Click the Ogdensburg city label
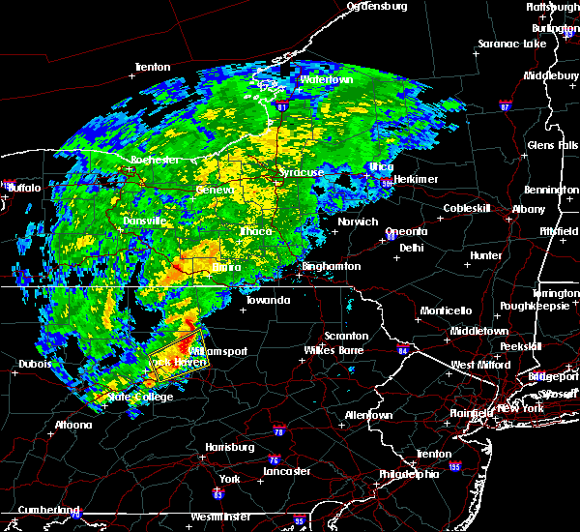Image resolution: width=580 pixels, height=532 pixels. [378, 7]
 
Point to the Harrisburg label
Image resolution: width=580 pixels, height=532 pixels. [229, 447]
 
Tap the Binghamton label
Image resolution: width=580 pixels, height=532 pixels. [331, 266]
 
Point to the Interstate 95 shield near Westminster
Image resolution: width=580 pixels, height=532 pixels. [300, 520]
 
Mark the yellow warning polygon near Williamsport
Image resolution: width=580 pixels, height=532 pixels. [180, 353]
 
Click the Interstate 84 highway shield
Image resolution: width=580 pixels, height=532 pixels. [403, 350]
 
